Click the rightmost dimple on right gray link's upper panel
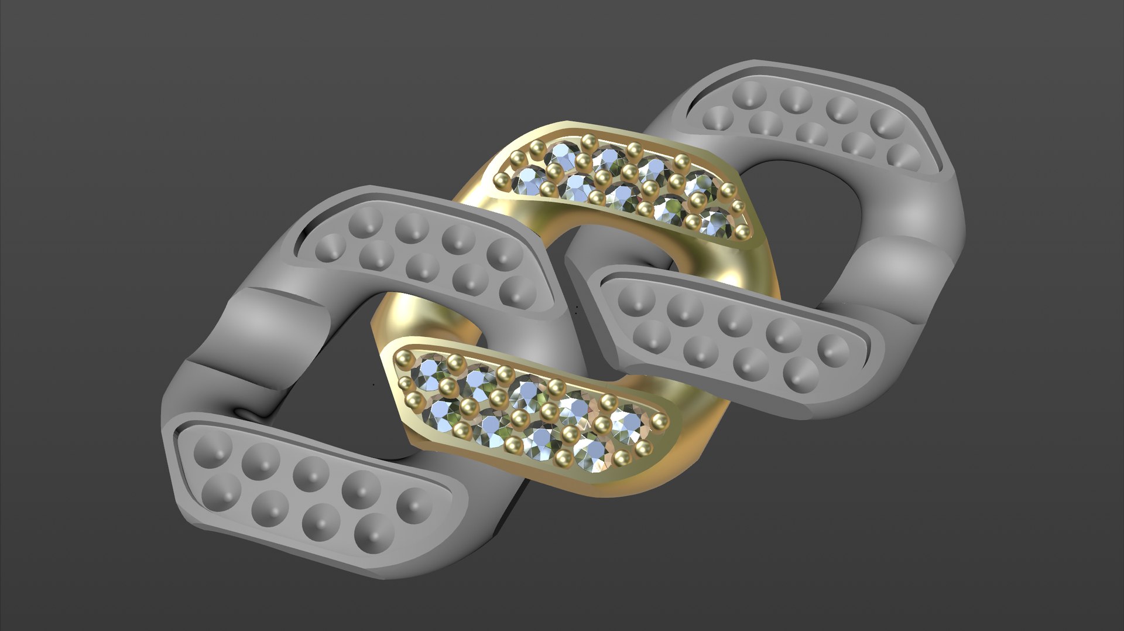[x=905, y=156]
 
